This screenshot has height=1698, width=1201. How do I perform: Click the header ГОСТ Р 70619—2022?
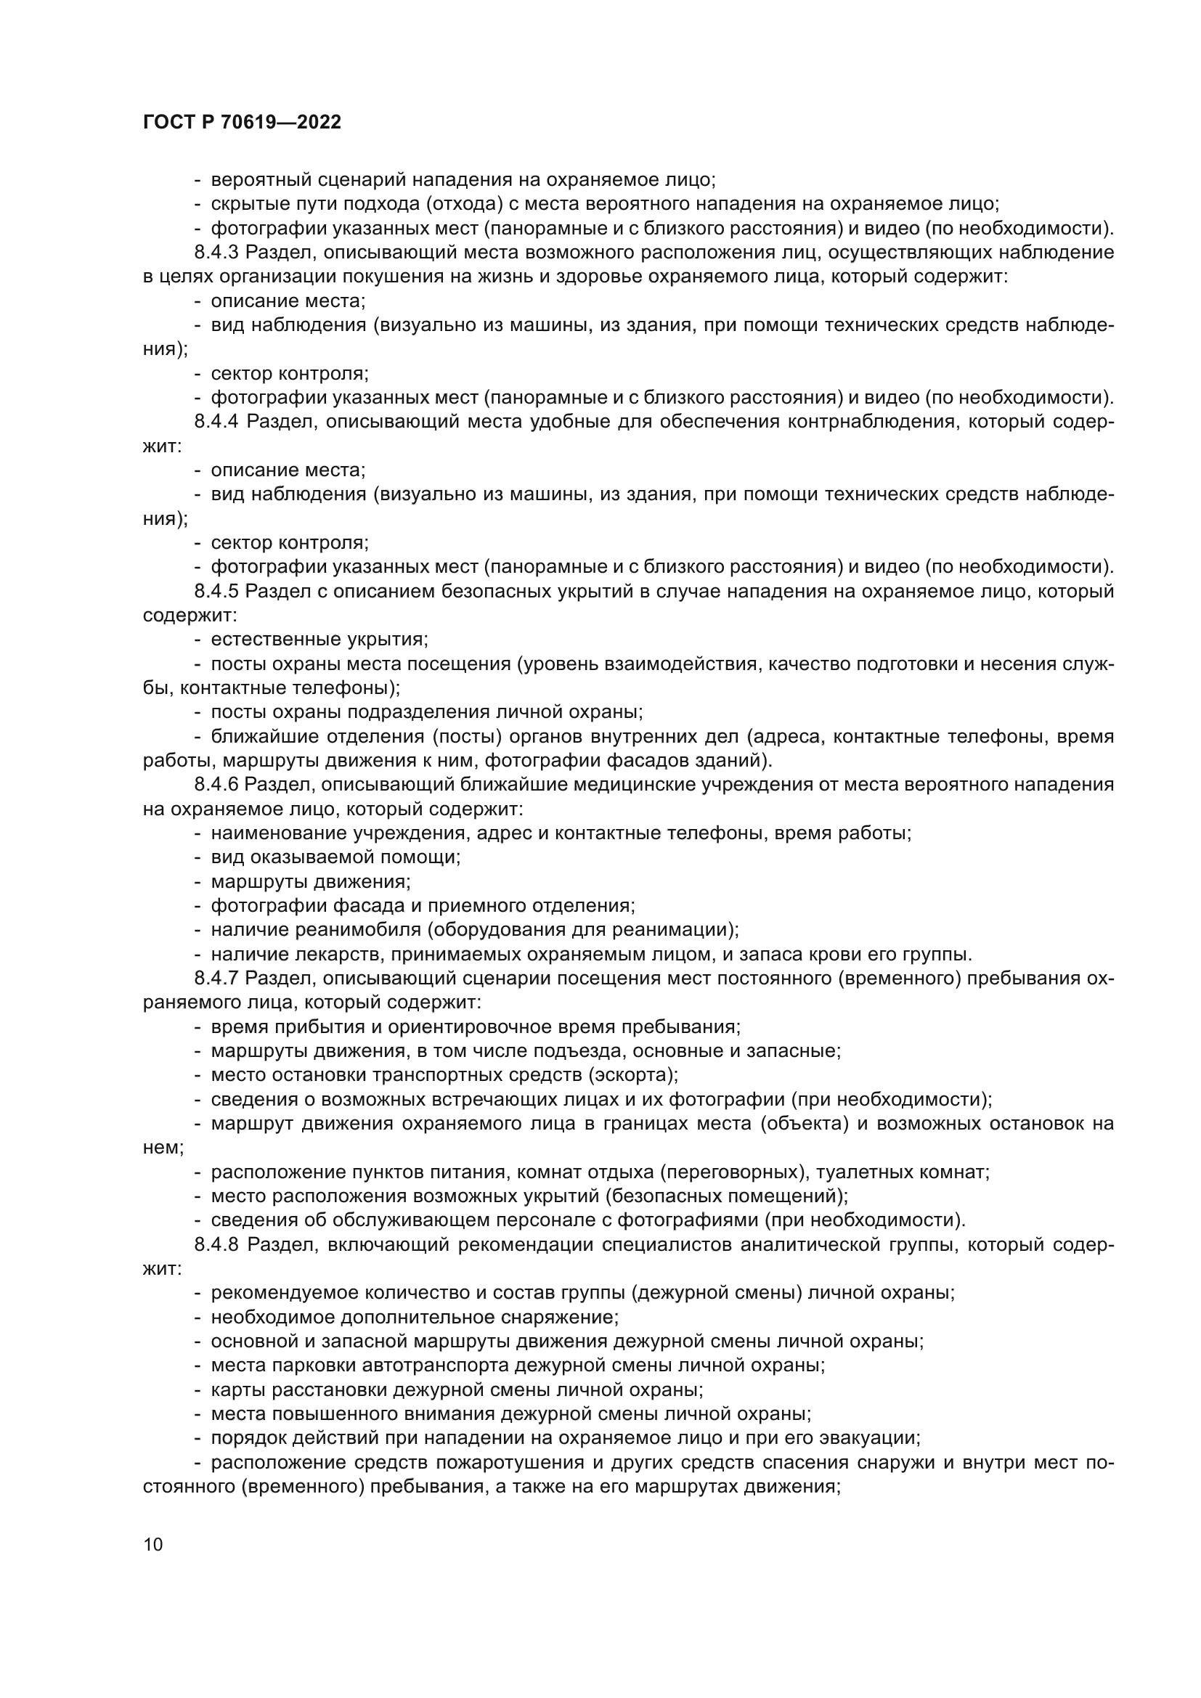tap(242, 123)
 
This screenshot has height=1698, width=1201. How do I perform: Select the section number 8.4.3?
tap(216, 253)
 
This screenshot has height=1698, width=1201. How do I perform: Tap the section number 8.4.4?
tap(216, 423)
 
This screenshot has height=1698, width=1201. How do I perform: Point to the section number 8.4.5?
tap(216, 592)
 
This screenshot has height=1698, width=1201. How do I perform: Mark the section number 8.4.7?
tap(216, 979)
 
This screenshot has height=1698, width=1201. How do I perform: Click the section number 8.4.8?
tap(216, 1245)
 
